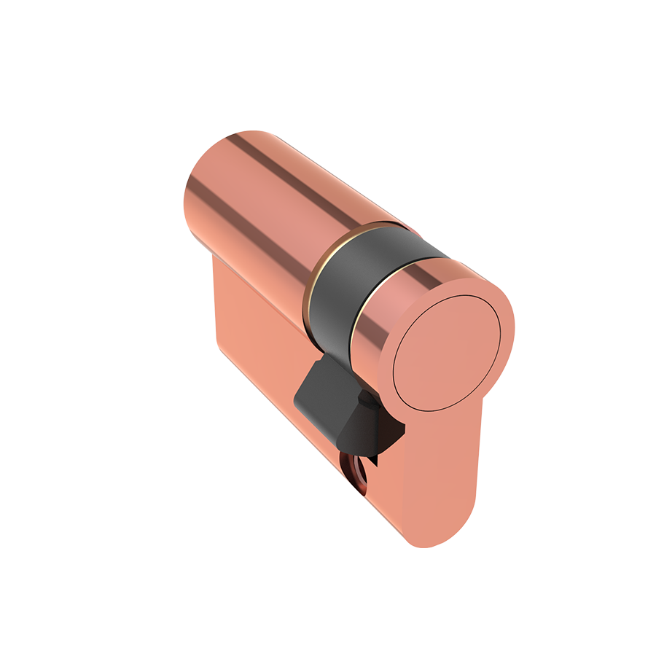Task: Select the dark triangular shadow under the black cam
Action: point(379,437)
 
